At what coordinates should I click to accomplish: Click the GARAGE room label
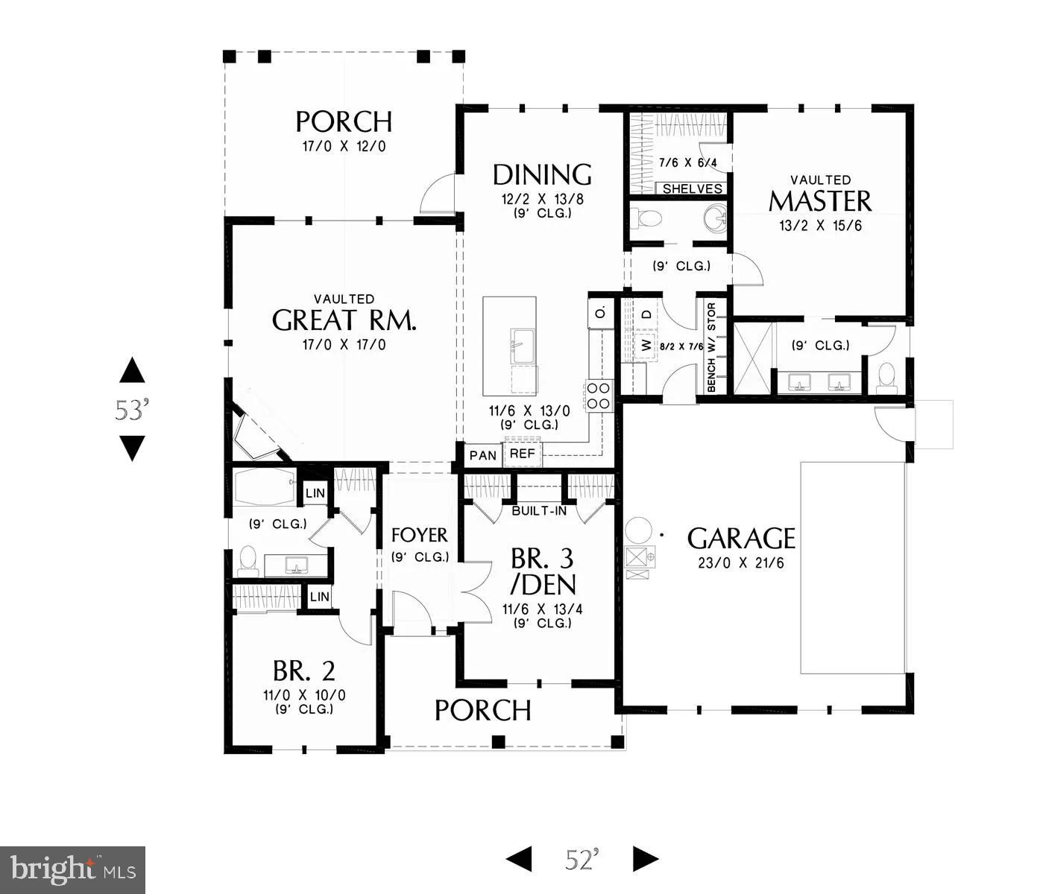(x=740, y=538)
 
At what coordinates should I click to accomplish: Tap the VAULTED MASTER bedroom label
(x=820, y=200)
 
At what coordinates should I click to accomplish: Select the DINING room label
(x=542, y=174)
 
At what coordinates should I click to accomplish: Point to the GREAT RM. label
(x=344, y=320)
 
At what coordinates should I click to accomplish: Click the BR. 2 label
(x=303, y=671)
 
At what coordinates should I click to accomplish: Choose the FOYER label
(x=420, y=535)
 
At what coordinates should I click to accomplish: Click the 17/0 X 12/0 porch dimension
(x=344, y=146)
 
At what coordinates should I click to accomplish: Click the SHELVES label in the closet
(x=693, y=188)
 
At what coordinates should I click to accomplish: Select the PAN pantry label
(x=483, y=454)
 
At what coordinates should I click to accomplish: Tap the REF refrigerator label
(x=522, y=453)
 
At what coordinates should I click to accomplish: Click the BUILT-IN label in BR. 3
(x=539, y=511)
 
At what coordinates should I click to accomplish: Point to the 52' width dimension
(x=582, y=859)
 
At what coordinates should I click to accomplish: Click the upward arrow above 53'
(x=132, y=370)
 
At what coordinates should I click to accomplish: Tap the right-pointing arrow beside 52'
(x=646, y=859)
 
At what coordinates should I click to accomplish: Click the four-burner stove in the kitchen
(x=599, y=396)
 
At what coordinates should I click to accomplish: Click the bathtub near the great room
(x=265, y=488)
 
